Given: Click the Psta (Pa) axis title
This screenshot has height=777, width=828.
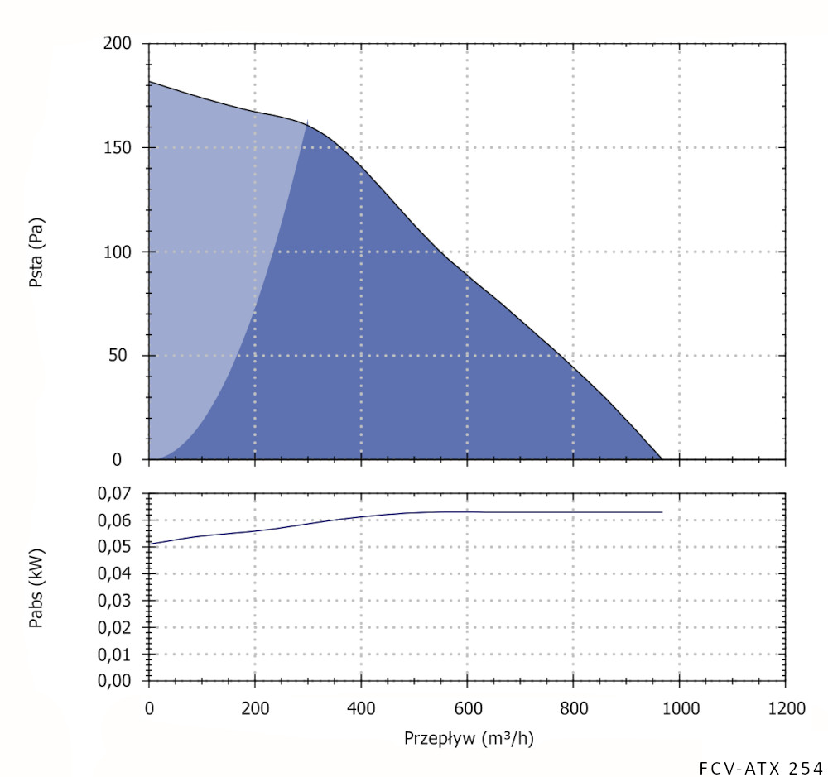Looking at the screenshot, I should coord(37,252).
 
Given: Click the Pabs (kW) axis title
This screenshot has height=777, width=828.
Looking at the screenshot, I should coord(37,587).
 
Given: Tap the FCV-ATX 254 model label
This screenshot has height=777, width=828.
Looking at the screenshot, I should coord(760,765).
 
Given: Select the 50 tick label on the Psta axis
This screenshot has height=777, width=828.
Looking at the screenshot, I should coord(124,356).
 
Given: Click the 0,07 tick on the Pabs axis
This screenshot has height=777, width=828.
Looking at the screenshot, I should coord(116,493).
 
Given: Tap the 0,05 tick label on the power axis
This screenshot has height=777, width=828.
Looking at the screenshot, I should coord(116,547).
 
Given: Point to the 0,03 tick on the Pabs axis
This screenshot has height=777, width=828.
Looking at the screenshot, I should coord(116,601).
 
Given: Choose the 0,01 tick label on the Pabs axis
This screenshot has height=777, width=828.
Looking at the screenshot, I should coord(116,655).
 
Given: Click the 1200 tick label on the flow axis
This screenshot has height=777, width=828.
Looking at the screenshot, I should coord(785,709).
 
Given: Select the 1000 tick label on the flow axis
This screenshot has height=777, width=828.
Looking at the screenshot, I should coord(679,709).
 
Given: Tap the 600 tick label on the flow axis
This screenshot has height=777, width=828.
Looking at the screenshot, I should coord(467,709).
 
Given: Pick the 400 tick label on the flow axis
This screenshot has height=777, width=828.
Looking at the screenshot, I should coord(361,709).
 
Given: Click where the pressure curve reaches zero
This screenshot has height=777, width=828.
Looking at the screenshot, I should coord(662,458).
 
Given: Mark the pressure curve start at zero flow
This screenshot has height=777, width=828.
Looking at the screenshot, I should coord(150,82).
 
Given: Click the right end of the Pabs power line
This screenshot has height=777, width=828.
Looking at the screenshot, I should coord(662,512).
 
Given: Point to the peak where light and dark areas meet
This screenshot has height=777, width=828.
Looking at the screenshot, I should coord(307,122).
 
